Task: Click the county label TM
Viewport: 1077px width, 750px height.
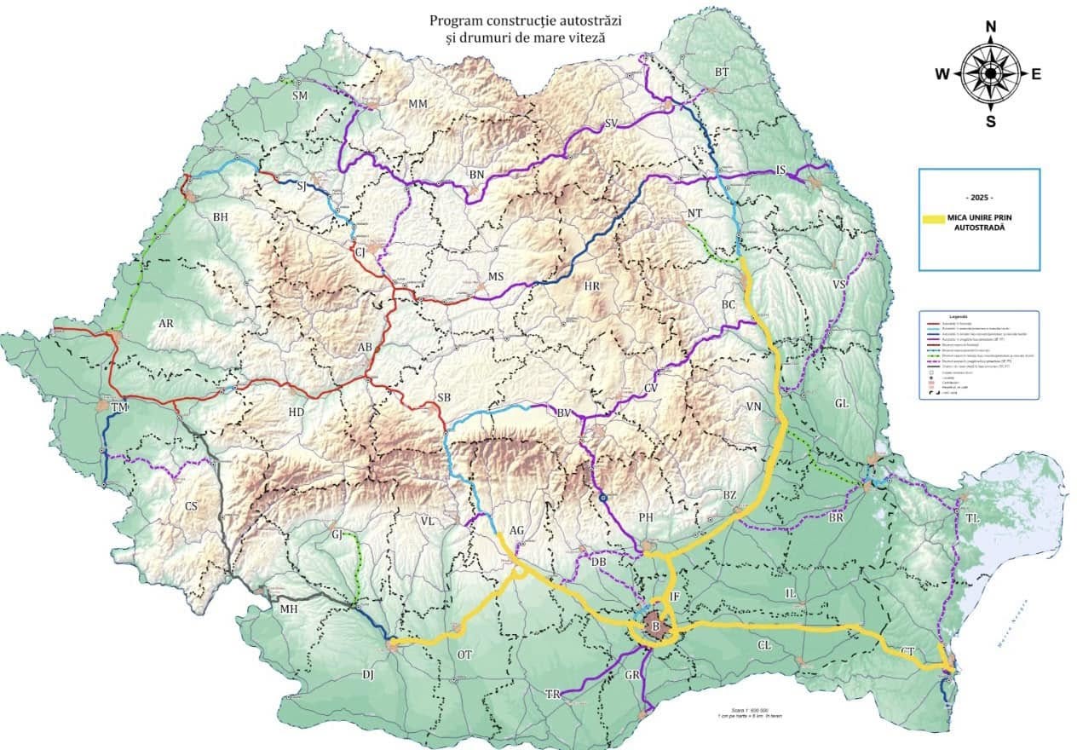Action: tap(118, 409)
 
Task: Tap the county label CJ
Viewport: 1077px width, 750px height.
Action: tap(359, 252)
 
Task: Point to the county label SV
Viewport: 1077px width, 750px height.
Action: tap(610, 124)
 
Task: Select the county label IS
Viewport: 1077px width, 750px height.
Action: tap(780, 170)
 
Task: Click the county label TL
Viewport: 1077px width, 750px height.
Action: tap(972, 518)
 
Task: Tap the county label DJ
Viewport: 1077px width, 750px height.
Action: tap(368, 675)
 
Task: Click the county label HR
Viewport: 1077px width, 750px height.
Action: tap(593, 286)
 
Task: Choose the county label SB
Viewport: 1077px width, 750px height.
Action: tap(443, 398)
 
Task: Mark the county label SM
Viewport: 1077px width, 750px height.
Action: tap(300, 96)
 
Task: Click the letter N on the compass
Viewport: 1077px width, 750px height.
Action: tap(991, 26)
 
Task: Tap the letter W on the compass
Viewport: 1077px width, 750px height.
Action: tap(942, 74)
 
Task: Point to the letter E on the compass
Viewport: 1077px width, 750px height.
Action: tap(1037, 74)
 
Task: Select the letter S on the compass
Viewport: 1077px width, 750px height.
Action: tap(991, 121)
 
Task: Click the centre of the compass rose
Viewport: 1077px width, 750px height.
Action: tap(991, 74)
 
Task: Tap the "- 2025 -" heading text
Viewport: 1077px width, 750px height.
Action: tap(980, 197)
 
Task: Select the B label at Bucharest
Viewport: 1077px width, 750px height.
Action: tap(655, 628)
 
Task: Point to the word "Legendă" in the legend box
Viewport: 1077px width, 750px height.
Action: tap(980, 316)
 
